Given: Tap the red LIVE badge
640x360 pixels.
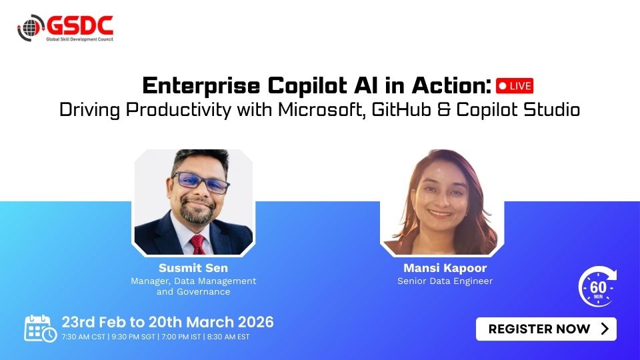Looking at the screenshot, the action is [x=514, y=86].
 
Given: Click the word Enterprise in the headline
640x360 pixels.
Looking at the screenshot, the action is [x=201, y=86].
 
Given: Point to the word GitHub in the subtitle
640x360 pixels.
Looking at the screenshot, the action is [x=401, y=109].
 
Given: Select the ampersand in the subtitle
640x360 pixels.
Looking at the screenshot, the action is [x=443, y=110].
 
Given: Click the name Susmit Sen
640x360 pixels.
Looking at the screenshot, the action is [x=193, y=268].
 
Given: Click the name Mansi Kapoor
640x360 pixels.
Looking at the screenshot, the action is [x=445, y=268].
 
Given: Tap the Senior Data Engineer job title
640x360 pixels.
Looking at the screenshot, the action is [x=445, y=281].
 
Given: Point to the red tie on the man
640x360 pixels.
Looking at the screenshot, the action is [x=198, y=245].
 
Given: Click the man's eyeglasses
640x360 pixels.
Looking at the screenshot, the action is [x=201, y=182].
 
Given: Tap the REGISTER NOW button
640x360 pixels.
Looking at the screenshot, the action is [x=546, y=329].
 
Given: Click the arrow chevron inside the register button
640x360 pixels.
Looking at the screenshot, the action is [x=605, y=329].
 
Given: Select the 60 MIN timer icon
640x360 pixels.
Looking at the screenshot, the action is [x=597, y=287].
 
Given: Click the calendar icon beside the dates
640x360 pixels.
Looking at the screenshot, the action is [x=40, y=328].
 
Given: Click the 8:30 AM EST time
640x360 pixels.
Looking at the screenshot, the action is [x=228, y=337].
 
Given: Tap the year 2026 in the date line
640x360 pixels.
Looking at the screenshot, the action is [x=255, y=322].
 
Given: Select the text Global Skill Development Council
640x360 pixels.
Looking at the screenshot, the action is [x=79, y=39].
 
